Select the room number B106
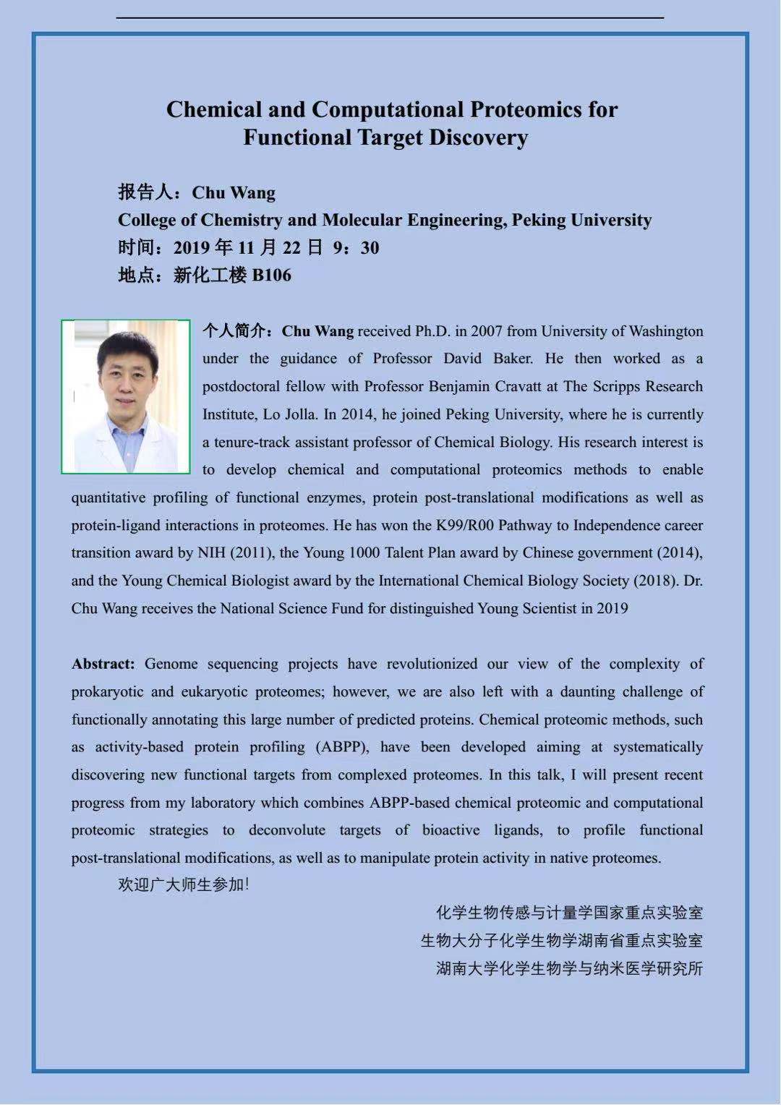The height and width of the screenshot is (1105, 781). point(271,276)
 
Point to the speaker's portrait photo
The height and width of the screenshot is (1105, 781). point(126,396)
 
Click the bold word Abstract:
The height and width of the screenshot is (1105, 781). point(103,664)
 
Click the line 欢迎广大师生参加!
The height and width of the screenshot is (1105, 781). point(184,884)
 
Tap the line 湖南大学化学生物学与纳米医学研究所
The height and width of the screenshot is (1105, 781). point(569,968)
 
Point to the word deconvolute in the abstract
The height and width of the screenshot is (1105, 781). point(287,830)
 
